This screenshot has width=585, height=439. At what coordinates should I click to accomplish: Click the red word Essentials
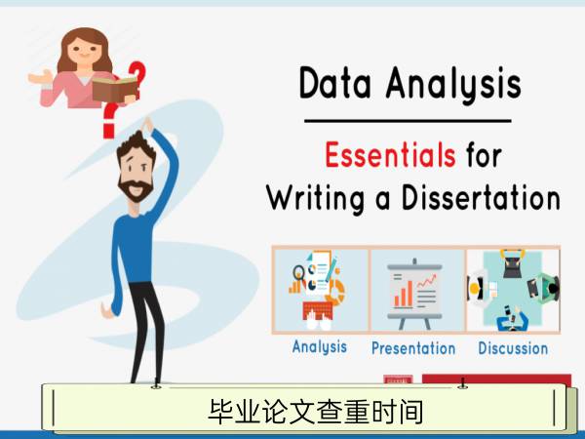390,154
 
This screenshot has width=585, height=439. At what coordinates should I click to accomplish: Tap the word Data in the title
335,83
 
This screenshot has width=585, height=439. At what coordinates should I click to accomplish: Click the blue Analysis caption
320,346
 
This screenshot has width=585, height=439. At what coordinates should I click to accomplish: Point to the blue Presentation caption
413,348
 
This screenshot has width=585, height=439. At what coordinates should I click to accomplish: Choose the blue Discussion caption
513,348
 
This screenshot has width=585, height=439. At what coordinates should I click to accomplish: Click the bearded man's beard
136,189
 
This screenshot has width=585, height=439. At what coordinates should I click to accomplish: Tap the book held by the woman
115,89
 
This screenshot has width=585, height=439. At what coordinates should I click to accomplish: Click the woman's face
83,50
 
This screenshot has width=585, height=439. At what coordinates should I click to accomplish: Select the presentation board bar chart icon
415,293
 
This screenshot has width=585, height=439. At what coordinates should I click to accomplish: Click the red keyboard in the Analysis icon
318,311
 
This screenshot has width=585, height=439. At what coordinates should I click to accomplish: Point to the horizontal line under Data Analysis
408,121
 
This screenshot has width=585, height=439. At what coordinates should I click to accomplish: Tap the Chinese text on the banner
316,412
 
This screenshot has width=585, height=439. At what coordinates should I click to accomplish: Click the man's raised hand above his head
148,125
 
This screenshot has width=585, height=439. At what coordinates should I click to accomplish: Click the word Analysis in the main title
453,84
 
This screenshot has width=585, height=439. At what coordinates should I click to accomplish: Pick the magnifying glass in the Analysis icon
298,273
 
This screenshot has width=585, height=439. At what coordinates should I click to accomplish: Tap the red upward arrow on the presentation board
426,281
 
